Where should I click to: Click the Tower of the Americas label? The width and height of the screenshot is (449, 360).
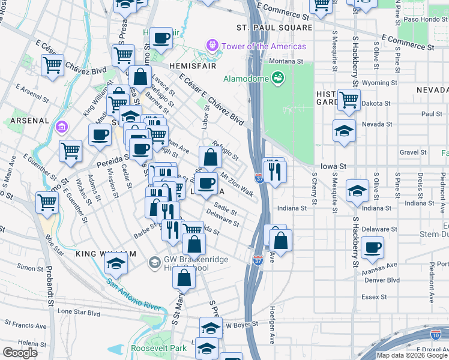click(x=264, y=46)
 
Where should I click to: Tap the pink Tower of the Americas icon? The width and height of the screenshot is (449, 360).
click(x=212, y=45)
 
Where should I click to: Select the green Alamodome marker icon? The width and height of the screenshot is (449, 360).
click(x=277, y=78)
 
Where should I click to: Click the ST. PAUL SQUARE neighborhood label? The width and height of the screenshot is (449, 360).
click(x=274, y=28)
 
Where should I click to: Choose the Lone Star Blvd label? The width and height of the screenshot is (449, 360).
click(x=78, y=312)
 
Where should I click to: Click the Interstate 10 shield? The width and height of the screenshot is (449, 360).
click(x=436, y=335)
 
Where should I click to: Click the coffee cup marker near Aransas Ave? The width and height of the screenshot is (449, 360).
click(x=372, y=247)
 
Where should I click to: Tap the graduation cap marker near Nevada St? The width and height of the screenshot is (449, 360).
click(x=344, y=131)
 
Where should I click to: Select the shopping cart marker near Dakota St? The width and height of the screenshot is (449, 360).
click(x=349, y=100)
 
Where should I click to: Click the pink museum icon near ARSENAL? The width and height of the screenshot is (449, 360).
click(x=61, y=127)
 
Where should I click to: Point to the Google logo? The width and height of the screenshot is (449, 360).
click(x=20, y=353)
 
